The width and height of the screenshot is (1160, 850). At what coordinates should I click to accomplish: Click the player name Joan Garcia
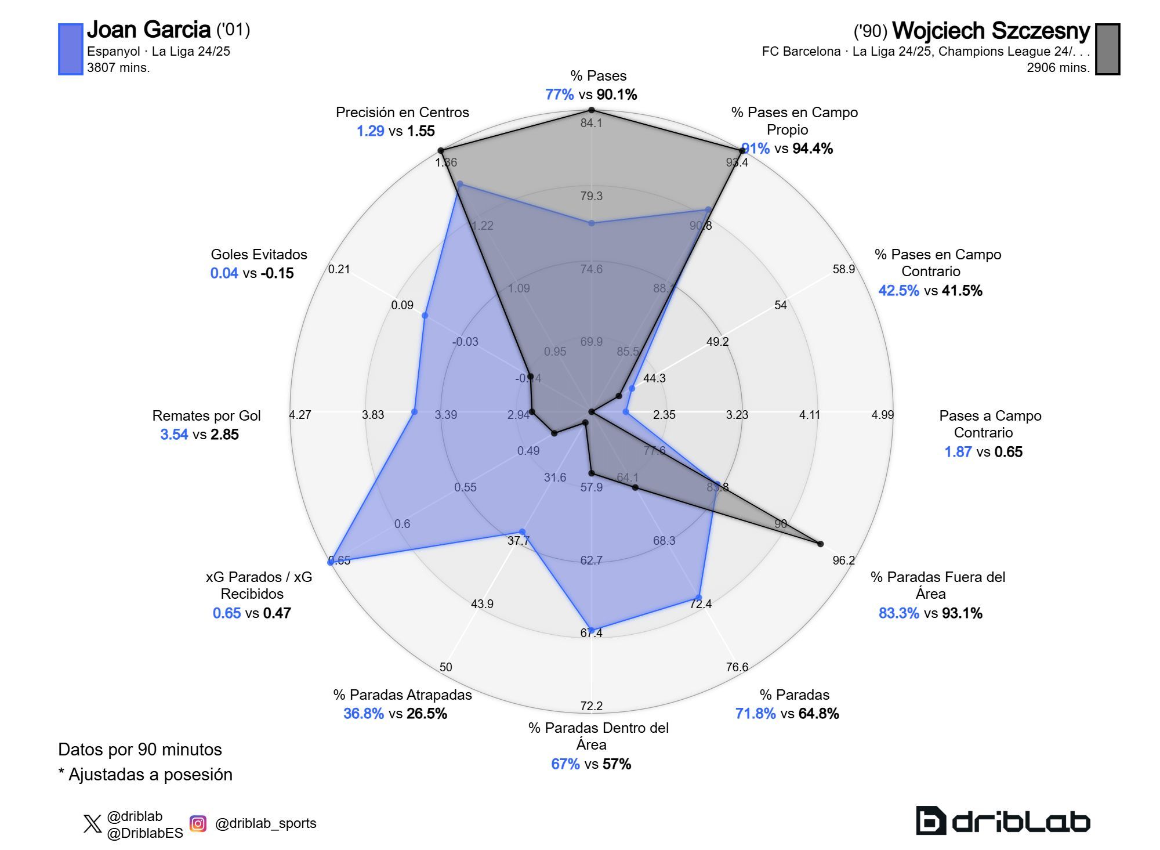pos(148,30)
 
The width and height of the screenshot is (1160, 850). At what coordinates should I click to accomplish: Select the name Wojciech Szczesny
pos(991,31)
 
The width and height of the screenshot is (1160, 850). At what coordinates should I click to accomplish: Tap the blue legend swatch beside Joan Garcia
pos(70,49)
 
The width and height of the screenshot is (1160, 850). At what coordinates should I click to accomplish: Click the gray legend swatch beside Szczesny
pos(1107,49)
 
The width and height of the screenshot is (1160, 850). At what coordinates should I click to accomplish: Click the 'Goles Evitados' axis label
pos(259,254)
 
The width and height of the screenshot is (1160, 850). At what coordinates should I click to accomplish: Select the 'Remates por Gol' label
pos(206,415)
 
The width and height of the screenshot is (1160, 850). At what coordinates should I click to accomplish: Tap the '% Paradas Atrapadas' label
pos(402,695)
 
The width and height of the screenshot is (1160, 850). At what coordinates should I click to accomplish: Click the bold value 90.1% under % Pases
pos(617,95)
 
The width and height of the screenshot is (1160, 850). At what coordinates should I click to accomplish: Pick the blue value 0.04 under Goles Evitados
pos(224,273)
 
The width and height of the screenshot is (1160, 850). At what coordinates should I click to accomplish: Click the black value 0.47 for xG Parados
pos(277,613)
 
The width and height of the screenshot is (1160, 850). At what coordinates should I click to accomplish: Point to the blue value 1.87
pos(958,452)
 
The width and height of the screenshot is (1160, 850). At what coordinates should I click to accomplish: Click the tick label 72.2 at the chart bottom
pos(591,706)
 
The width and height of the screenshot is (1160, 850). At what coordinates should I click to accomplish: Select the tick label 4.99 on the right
pos(882,415)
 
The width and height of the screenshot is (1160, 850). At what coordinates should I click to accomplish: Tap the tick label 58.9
pos(843,269)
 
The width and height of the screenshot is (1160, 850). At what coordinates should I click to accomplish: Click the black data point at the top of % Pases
pos(591,110)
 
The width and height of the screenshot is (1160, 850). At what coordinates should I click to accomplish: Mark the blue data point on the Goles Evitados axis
pos(425,316)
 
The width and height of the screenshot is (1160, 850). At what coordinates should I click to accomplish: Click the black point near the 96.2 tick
pos(820,544)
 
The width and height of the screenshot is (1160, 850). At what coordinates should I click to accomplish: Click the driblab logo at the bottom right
pos(1002,820)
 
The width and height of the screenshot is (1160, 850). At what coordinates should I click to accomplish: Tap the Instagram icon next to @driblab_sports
pos(198,823)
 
